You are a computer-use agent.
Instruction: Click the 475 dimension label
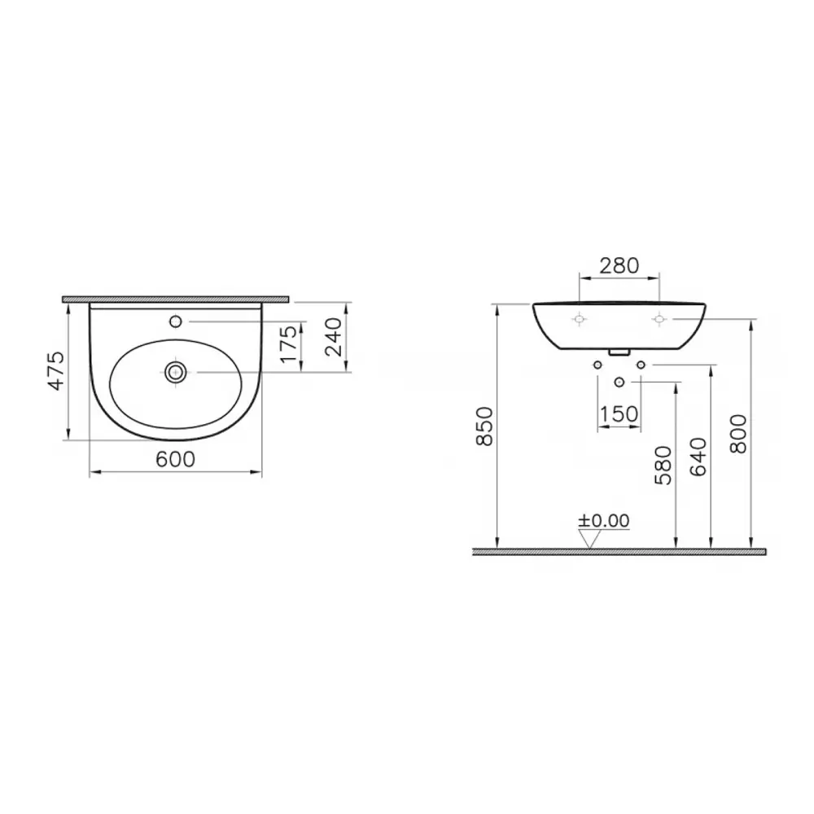tap(55, 370)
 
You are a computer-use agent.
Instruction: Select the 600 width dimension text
tap(175, 459)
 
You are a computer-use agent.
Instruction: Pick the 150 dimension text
tap(619, 414)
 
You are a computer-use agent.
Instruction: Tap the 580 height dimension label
tap(664, 465)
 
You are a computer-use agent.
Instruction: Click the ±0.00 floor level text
tap(603, 521)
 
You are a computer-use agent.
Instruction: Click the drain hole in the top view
tap(176, 372)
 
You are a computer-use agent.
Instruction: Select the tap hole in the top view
tap(175, 322)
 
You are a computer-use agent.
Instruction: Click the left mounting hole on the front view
tap(578, 319)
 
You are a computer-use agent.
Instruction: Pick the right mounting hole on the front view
tap(659, 319)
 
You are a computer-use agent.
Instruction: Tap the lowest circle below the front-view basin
tap(619, 382)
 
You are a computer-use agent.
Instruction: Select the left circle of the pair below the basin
tap(598, 365)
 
